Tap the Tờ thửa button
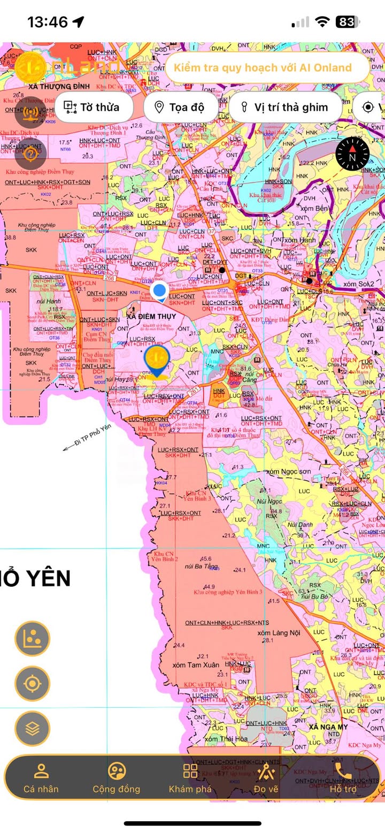coord(91,107)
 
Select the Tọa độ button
coord(179,107)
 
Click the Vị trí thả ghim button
coord(285,107)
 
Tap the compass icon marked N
coord(352,155)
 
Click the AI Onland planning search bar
coord(267,68)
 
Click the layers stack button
coord(32,728)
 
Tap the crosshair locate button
coord(32,683)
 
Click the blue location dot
coord(159,292)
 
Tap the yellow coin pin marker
coord(157,358)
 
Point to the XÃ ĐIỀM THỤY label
coord(151,316)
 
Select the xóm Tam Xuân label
coord(196,665)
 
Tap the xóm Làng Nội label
coord(279,633)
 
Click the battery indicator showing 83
coord(345,22)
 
